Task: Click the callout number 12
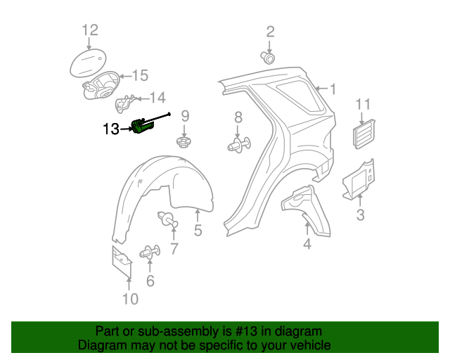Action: coord(90,30)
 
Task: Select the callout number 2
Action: coord(270,32)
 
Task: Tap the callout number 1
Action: coord(333,89)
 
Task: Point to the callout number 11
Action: coord(362,105)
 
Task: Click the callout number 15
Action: coord(141,75)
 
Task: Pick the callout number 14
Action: coord(157,98)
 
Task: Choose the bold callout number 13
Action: coord(111,129)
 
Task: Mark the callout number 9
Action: coord(186,116)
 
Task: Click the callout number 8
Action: coord(238,117)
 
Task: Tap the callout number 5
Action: coord(198,230)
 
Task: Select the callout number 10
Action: coord(130,300)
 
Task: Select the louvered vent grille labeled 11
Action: coord(364,134)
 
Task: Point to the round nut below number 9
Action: coord(184,143)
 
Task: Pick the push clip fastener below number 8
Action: coord(238,146)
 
